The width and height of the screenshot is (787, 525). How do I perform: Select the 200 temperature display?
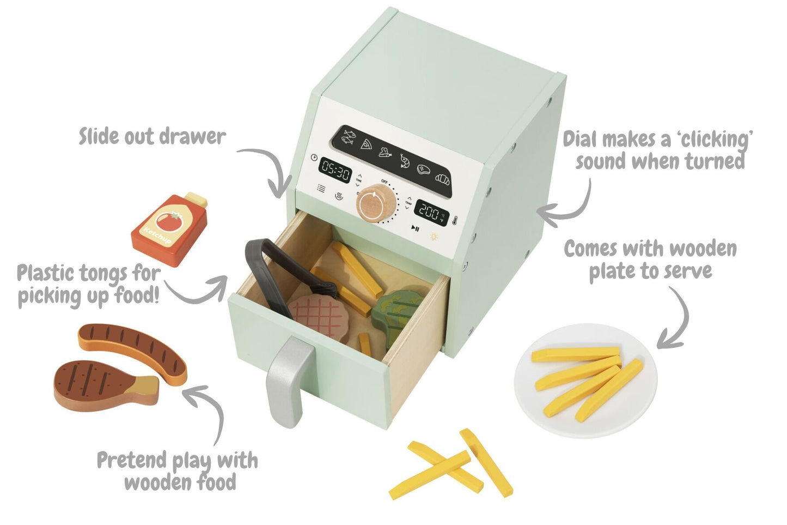pos(430,212)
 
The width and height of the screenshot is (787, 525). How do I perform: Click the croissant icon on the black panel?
pos(442,178)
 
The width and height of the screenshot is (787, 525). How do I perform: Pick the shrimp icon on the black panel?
pos(404,160)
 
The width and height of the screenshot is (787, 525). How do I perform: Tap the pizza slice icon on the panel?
pos(367,144)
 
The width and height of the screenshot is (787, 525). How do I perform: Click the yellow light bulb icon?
pos(434,236)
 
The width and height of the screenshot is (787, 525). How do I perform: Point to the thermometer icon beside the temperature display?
pos(454,220)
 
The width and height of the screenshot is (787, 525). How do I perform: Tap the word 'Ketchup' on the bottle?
pos(156,236)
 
